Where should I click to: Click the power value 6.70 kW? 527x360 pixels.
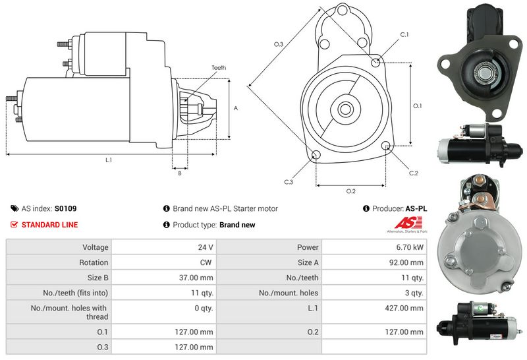(409, 247)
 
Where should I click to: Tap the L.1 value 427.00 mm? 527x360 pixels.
(404, 308)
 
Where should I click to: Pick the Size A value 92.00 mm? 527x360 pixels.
(406, 262)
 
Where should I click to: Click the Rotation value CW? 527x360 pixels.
(206, 262)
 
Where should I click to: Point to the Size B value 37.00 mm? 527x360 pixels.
(196, 278)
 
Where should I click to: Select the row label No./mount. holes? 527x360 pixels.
(289, 293)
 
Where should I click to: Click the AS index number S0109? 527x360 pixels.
(65, 208)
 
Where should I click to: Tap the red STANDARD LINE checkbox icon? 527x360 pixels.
(14, 224)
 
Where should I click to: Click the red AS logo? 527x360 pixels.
(408, 223)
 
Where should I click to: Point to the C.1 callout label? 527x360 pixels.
(404, 35)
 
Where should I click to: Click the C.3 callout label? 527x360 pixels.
(289, 182)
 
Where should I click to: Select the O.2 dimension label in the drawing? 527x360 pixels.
(351, 191)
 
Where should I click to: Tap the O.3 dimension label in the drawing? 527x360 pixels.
(279, 44)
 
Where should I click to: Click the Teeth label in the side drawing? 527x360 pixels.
(219, 68)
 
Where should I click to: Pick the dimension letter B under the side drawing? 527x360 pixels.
(180, 173)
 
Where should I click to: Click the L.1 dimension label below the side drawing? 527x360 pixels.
(109, 160)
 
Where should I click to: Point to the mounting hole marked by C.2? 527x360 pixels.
(386, 146)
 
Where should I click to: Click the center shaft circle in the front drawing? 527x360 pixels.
(345, 109)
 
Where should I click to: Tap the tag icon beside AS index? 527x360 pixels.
(14, 208)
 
